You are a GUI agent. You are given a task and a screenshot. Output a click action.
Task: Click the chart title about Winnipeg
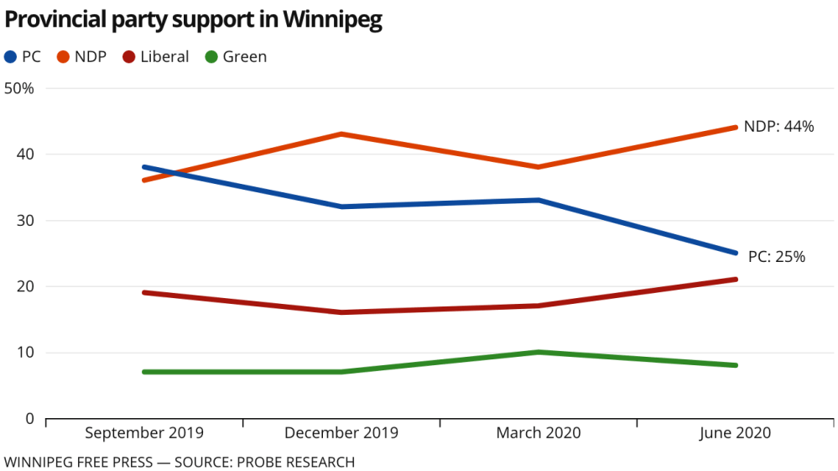pyautogui.click(x=194, y=21)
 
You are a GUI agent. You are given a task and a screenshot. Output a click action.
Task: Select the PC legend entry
pyautogui.click(x=23, y=57)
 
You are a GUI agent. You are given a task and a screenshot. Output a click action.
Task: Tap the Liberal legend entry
pyautogui.click(x=155, y=57)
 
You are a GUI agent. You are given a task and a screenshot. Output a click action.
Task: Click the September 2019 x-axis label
pyautogui.click(x=144, y=433)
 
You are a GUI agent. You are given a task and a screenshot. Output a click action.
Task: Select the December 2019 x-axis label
pyautogui.click(x=341, y=433)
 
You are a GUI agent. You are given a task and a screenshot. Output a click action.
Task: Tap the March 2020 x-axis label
pyautogui.click(x=539, y=433)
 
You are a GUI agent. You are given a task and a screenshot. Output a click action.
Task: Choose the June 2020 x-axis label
pyautogui.click(x=736, y=433)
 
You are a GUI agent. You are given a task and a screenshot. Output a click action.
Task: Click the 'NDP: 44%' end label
pyautogui.click(x=779, y=127)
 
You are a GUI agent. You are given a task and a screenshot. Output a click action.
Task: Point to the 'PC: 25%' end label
pyautogui.click(x=776, y=257)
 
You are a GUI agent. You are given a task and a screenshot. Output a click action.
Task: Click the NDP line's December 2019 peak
pyautogui.click(x=341, y=133)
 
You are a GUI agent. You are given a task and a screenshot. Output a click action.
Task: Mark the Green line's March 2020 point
pyautogui.click(x=539, y=352)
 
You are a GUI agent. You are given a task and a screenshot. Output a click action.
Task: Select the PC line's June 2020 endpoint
pyautogui.click(x=736, y=253)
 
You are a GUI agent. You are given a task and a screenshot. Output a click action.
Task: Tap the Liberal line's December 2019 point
pyautogui.click(x=341, y=312)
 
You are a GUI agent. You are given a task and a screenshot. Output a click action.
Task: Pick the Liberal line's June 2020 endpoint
pyautogui.click(x=736, y=280)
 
